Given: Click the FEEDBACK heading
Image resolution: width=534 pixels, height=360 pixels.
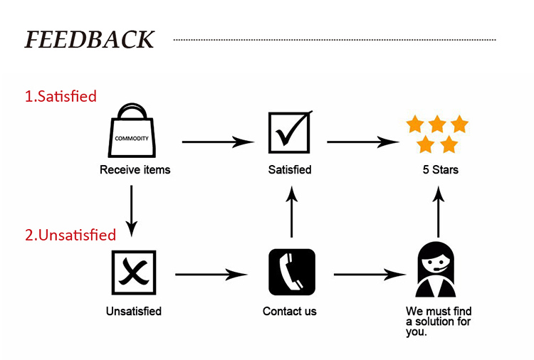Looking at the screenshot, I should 90,39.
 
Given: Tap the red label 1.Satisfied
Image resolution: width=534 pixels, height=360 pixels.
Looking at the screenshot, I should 61,95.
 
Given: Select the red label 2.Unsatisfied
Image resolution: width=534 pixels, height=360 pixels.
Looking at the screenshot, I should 70,235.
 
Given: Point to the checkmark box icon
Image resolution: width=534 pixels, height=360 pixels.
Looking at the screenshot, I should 289,132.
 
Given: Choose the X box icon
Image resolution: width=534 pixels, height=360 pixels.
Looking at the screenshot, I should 133,272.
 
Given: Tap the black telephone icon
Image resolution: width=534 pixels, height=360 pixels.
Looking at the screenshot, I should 291,272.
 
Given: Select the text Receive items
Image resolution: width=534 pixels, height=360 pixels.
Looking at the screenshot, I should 135,170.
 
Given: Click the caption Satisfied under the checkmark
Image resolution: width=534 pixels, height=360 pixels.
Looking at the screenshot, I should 289,170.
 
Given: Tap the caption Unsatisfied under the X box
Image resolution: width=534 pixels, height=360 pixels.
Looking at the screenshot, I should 133,311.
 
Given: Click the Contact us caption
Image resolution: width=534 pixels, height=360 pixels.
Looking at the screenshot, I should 289,311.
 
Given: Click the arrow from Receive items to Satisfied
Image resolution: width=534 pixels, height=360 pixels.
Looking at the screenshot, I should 218,142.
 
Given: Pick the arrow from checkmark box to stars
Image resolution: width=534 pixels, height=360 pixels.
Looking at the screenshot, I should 363,142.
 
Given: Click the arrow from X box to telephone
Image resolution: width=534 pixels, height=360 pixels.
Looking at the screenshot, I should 211,274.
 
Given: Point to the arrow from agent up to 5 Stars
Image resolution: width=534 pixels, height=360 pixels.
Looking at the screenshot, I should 439,210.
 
